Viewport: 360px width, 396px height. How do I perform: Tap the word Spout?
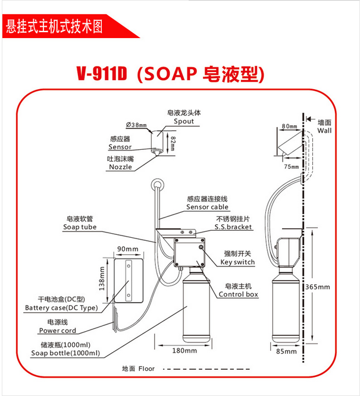(183, 121)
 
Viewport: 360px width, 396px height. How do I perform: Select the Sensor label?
(120, 146)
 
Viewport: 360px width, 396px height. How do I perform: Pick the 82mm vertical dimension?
(173, 142)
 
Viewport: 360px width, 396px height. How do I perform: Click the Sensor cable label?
(207, 207)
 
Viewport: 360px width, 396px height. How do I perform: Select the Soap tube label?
(80, 227)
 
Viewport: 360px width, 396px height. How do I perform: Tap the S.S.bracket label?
(234, 227)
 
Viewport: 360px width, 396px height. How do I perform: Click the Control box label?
(238, 294)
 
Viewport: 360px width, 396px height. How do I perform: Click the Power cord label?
(58, 331)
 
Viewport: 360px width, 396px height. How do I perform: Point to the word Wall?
(324, 130)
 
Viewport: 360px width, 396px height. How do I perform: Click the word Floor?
(146, 369)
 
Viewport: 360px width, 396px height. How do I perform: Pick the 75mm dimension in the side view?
(291, 167)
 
